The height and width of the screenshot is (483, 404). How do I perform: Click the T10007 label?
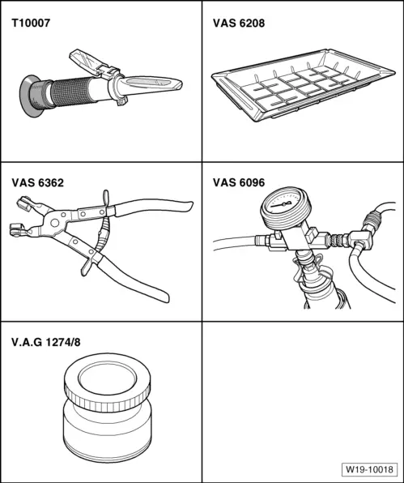tap(31, 24)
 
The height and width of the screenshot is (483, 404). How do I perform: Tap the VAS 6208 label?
tap(239, 24)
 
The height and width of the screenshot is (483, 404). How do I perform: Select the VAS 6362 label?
tap(38, 182)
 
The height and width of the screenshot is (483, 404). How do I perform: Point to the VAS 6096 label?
tap(239, 182)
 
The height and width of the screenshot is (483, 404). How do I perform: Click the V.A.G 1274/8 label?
tap(46, 342)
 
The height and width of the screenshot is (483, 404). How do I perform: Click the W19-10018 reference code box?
tap(369, 469)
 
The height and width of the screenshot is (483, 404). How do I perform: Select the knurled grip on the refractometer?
tap(70, 92)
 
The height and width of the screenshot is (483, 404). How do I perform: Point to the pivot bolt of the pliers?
tap(55, 223)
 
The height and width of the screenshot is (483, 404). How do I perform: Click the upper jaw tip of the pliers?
tap(23, 203)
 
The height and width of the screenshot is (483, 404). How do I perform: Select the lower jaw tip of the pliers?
tap(17, 229)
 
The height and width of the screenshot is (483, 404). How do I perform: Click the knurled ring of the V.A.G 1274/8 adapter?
tap(108, 400)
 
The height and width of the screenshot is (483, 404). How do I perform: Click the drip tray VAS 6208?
tap(303, 85)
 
